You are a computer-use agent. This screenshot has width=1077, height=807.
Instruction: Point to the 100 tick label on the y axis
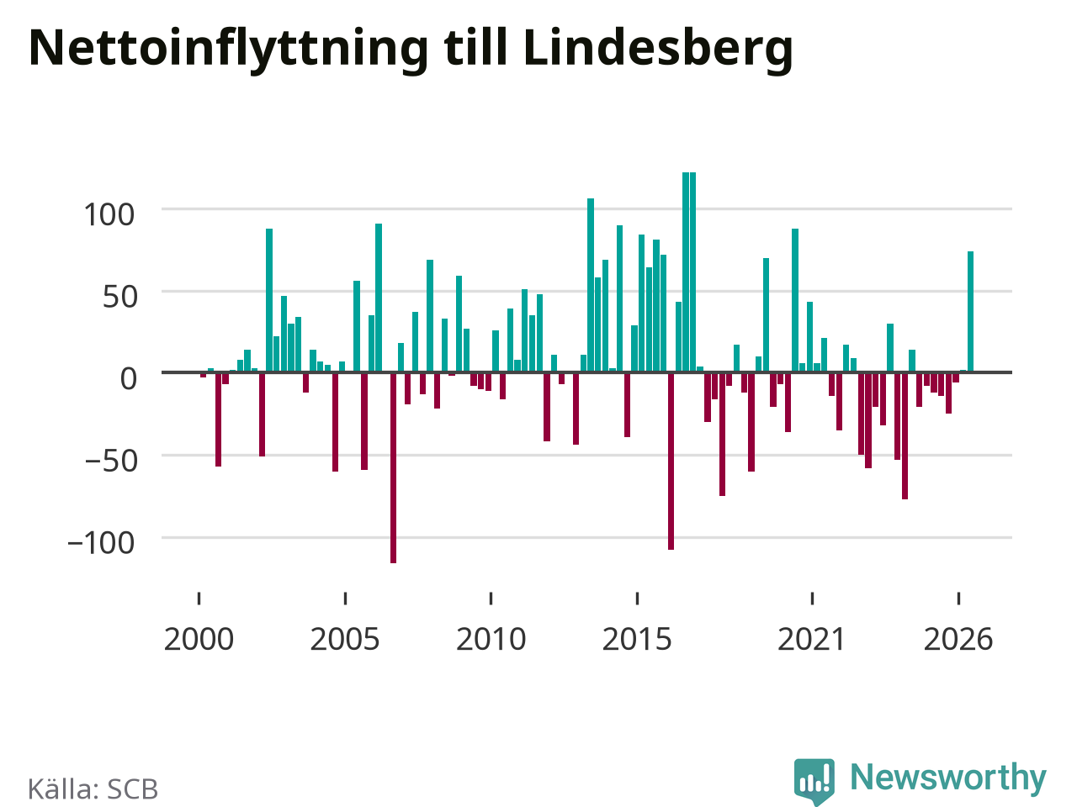(109, 214)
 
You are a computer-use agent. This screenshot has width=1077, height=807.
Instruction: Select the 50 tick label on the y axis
(119, 297)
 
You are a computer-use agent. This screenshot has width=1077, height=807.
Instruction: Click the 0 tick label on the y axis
(128, 379)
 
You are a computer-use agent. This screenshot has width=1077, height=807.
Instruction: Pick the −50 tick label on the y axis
(111, 461)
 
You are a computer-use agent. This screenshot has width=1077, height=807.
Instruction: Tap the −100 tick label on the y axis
(101, 543)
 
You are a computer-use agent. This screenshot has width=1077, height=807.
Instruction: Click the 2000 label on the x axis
(199, 639)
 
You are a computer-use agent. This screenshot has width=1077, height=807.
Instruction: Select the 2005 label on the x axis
(345, 639)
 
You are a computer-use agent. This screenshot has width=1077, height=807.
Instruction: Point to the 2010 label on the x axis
(491, 639)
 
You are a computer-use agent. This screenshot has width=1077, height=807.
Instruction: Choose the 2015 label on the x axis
(637, 639)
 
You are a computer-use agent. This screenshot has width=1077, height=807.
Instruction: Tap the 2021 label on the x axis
(812, 639)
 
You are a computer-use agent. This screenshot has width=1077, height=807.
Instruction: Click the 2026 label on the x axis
(958, 639)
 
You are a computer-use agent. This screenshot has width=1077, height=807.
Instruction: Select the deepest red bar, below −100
(393, 468)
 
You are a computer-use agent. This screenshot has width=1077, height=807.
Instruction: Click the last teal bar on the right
(970, 312)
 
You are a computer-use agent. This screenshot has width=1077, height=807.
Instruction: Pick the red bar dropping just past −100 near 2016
(671, 461)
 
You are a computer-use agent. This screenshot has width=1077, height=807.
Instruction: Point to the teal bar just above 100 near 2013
(591, 285)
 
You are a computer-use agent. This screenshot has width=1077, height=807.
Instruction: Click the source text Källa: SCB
(93, 789)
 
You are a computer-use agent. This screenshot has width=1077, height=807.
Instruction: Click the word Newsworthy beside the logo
(948, 777)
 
